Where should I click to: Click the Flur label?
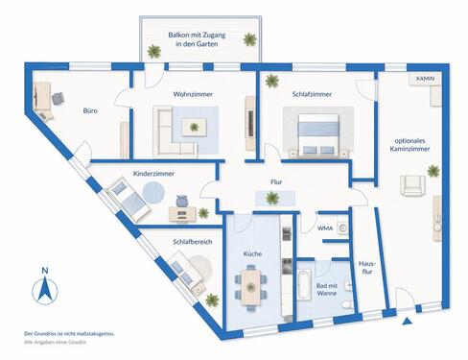[x=279, y=179]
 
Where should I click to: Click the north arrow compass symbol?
[x=43, y=288]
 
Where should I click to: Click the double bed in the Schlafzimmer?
[x=313, y=131]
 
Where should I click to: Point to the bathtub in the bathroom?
[x=303, y=284]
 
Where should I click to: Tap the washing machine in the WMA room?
[x=342, y=228]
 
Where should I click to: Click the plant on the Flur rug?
[x=273, y=198]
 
